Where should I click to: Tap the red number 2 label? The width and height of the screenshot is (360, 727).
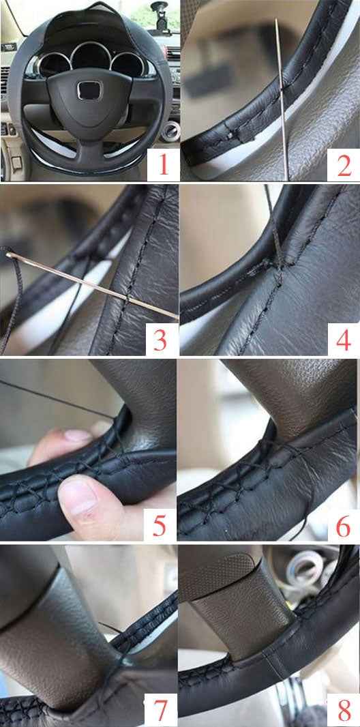(344, 166)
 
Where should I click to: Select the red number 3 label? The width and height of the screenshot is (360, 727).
(160, 340)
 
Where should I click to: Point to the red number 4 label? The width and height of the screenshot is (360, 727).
(344, 340)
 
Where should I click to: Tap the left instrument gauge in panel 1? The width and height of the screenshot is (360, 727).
(55, 65)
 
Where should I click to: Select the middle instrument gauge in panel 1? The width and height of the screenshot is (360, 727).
(91, 58)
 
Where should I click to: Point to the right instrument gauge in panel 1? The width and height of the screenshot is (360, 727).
(127, 64)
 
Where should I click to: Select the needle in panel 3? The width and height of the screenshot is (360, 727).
(92, 286)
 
